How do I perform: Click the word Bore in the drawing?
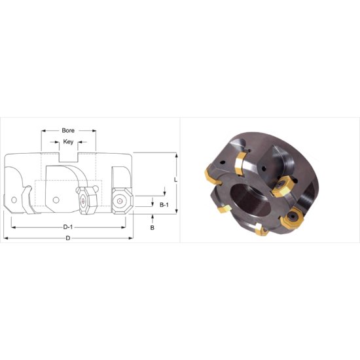tap(69, 130)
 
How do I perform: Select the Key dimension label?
tap(69, 141)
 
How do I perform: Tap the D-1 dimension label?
tap(67, 226)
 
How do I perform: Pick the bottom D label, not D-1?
tap(67, 239)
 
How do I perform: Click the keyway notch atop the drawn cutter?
tap(69, 158)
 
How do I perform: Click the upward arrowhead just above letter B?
tap(152, 219)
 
